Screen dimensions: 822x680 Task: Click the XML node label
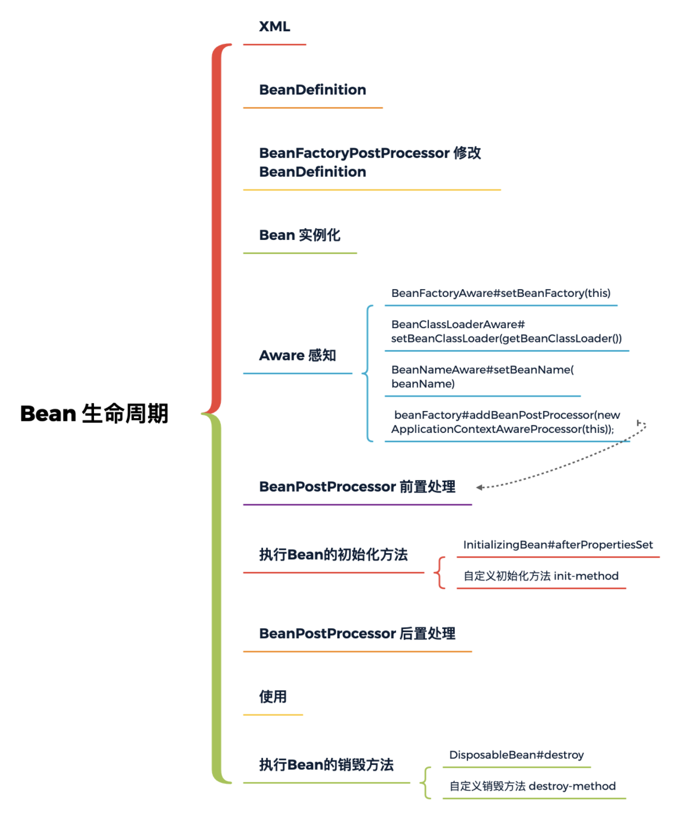pyautogui.click(x=274, y=27)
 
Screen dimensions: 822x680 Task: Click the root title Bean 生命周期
pyautogui.click(x=94, y=414)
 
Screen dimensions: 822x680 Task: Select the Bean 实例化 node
pyautogui.click(x=299, y=235)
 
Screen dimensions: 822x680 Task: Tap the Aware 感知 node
pyautogui.click(x=297, y=356)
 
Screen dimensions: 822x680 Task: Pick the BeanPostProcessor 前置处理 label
pyautogui.click(x=357, y=487)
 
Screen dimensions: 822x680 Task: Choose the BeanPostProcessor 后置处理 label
pyautogui.click(x=357, y=634)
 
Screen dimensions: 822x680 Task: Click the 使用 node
pyautogui.click(x=273, y=697)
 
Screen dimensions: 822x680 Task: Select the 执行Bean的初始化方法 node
pyautogui.click(x=333, y=555)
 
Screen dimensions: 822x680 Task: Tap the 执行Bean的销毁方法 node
pyautogui.click(x=326, y=765)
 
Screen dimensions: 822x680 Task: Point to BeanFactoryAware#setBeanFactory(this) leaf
pyautogui.click(x=500, y=294)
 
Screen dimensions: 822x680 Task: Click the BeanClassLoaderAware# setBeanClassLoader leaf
pyautogui.click(x=506, y=331)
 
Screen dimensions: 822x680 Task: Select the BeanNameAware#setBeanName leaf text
pyautogui.click(x=482, y=376)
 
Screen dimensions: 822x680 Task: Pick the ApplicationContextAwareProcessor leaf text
pyautogui.click(x=506, y=422)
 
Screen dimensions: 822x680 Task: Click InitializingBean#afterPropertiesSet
pyautogui.click(x=558, y=545)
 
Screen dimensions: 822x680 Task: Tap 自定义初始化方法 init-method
pyautogui.click(x=540, y=576)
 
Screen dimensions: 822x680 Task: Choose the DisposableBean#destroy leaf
pyautogui.click(x=516, y=755)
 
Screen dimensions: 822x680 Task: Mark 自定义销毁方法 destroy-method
pyautogui.click(x=532, y=786)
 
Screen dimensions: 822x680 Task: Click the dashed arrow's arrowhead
pyautogui.click(x=480, y=487)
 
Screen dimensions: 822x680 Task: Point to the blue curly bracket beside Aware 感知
pyautogui.click(x=367, y=374)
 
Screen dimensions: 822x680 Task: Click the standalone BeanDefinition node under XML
pyautogui.click(x=313, y=90)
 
